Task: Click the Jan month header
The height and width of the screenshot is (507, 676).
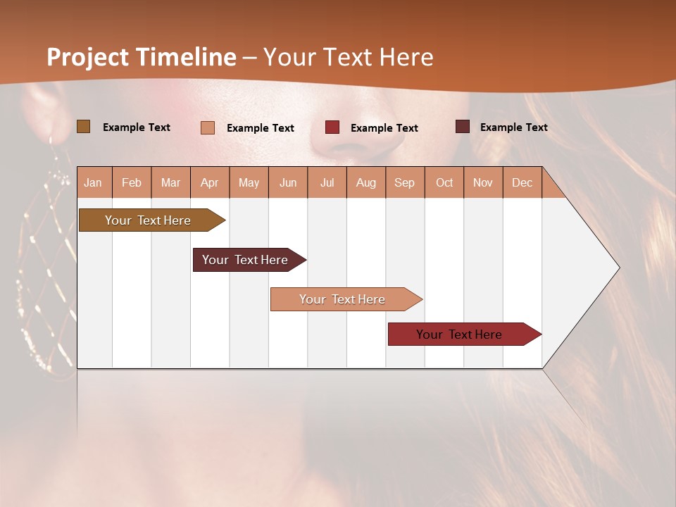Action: point(93,183)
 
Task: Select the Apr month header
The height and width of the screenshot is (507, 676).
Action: point(210,183)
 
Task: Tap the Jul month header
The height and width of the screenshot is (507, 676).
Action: point(327,183)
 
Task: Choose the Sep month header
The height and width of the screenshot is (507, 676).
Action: point(404,183)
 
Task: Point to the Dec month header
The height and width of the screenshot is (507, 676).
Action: point(522,183)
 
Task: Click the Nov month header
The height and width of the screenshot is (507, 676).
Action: point(482,183)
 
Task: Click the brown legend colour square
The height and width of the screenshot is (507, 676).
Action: point(83,127)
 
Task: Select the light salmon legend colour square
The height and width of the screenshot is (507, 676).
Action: point(207,127)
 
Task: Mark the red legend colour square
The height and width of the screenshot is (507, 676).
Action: point(332,127)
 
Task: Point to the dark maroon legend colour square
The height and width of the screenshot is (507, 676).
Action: point(462,127)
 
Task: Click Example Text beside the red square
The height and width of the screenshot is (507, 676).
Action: point(384,128)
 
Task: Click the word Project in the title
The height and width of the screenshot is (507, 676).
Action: point(88,57)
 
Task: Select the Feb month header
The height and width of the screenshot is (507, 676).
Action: point(132,183)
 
